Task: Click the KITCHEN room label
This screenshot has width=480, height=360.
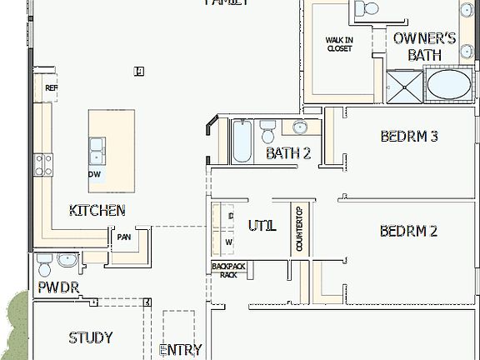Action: click(x=97, y=211)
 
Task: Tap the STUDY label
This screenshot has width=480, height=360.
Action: click(x=91, y=337)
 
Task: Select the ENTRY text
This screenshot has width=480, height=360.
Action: click(x=180, y=351)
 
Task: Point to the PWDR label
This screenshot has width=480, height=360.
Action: click(x=57, y=287)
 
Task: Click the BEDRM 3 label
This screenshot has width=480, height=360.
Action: click(x=409, y=137)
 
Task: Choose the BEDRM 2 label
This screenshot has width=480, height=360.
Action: click(x=408, y=231)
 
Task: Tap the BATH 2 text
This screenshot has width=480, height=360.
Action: click(x=288, y=153)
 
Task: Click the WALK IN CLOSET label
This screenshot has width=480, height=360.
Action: click(x=338, y=44)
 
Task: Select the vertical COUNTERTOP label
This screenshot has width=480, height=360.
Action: click(x=299, y=230)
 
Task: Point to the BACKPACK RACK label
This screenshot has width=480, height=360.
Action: click(x=224, y=270)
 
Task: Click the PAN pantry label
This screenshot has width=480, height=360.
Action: click(x=124, y=237)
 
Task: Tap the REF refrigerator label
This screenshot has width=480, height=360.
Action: click(x=51, y=87)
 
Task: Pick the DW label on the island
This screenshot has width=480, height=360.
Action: click(x=97, y=174)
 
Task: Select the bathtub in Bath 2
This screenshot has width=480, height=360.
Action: click(x=242, y=142)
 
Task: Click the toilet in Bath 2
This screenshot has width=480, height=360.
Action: click(x=268, y=132)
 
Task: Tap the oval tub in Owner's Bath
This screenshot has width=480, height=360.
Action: click(x=449, y=85)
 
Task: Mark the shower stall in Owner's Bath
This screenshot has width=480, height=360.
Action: click(x=404, y=86)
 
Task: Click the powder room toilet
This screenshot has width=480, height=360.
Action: click(x=45, y=264)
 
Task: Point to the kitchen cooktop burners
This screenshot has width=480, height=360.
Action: click(x=42, y=164)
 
